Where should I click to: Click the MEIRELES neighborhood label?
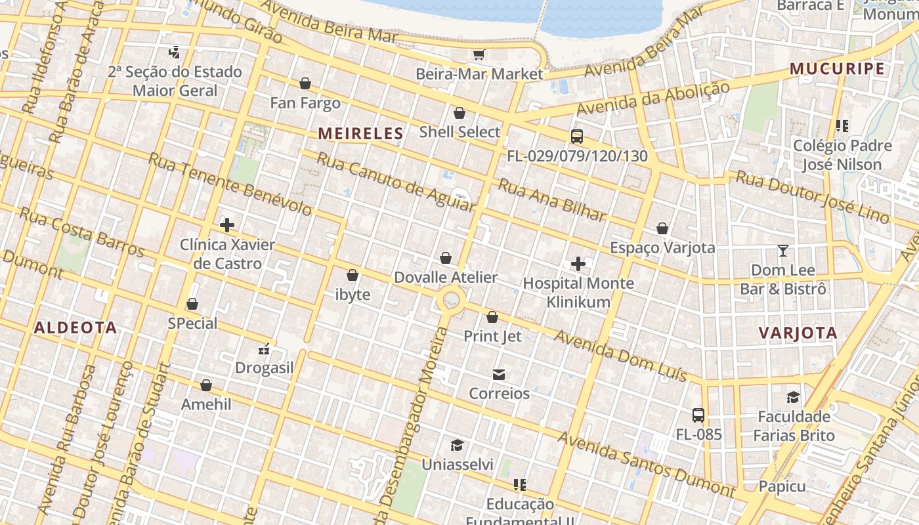(x=360, y=134)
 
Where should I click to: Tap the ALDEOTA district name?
(x=75, y=327)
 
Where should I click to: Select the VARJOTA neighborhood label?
(x=798, y=333)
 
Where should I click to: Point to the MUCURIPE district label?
(x=837, y=69)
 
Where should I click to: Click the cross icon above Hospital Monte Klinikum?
(x=578, y=264)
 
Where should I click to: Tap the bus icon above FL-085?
(x=698, y=415)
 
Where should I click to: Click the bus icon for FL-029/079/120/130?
(x=576, y=136)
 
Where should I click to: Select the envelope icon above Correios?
(x=499, y=375)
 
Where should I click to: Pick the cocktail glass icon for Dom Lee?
(x=782, y=251)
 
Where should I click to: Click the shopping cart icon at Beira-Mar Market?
(x=479, y=54)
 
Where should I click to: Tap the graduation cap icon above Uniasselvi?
(x=457, y=446)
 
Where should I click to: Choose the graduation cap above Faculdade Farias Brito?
(x=794, y=397)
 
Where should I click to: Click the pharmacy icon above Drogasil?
(x=265, y=349)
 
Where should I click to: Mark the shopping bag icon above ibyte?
(x=353, y=275)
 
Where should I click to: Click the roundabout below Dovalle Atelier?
(x=451, y=301)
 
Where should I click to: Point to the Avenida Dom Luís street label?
(x=620, y=356)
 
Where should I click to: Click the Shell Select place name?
(x=460, y=132)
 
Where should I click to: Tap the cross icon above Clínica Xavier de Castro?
(x=227, y=225)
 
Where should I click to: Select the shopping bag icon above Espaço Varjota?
(x=662, y=228)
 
